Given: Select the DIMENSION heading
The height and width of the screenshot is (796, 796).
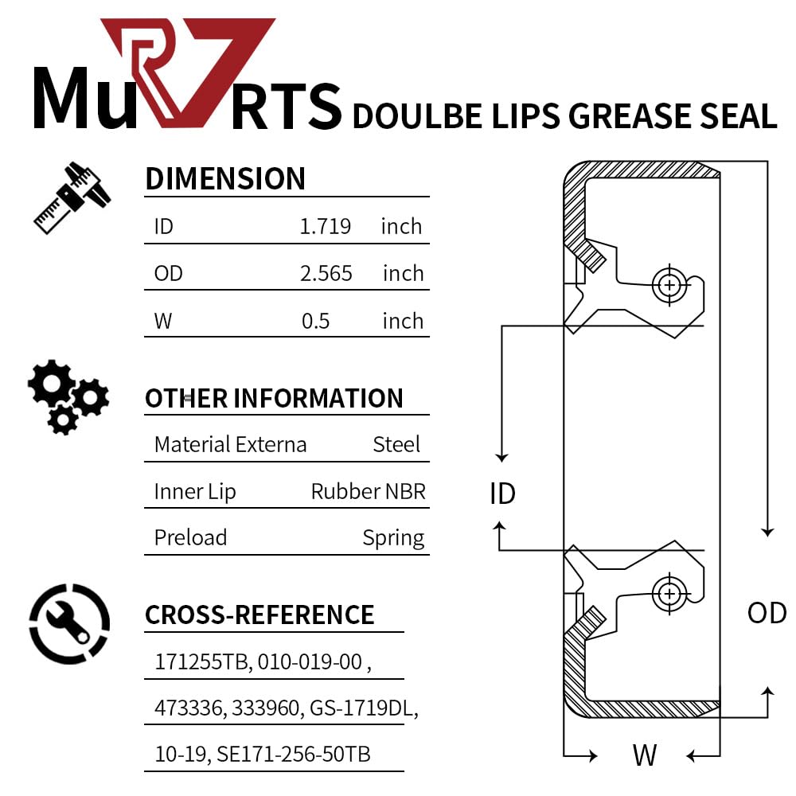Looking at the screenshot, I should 225,179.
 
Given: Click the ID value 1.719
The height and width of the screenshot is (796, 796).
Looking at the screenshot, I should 325,226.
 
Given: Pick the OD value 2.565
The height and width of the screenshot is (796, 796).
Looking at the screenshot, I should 326,273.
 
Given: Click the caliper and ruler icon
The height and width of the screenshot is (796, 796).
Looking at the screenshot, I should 72,197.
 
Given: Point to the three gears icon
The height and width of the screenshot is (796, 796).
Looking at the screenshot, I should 67,396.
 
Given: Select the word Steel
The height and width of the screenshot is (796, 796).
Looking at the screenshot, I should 396,444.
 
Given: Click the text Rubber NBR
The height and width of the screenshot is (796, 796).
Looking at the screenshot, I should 369,491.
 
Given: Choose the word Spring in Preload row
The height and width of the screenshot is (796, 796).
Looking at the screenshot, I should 393,538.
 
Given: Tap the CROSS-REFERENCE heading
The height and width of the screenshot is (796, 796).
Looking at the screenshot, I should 259,615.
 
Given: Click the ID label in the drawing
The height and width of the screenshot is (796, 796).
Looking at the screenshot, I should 502,494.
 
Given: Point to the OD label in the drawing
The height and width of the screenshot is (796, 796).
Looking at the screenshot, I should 767,613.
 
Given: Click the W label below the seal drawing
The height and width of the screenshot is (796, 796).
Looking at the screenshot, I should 644,755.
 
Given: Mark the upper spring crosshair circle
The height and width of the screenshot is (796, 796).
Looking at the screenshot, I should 669,284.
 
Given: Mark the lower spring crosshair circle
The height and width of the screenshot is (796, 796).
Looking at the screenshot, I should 669,593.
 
